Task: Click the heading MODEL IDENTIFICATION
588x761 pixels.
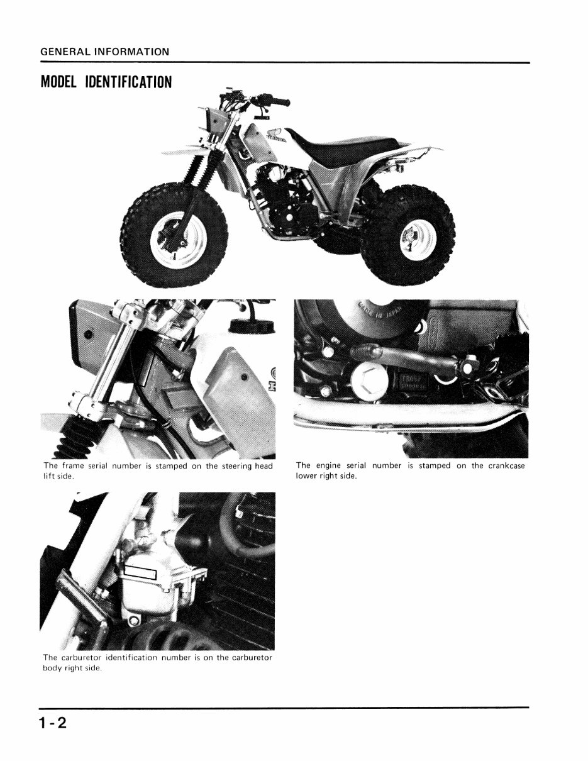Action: pos(106,82)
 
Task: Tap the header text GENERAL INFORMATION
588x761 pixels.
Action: pos(104,52)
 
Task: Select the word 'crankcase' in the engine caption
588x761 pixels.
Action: pos(506,466)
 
